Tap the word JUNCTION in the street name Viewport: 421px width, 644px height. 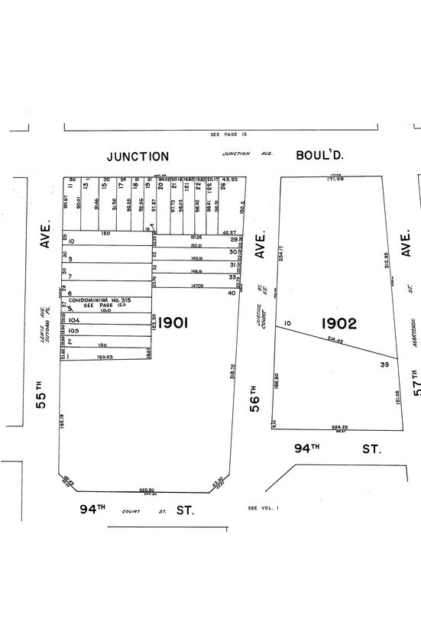point(138,157)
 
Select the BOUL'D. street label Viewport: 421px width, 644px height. point(319,155)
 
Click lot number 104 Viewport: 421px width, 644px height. point(74,321)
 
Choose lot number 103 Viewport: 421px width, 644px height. point(74,331)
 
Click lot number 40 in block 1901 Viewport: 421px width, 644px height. point(232,293)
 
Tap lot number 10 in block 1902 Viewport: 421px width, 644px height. point(288,324)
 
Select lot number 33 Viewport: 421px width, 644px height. point(232,277)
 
